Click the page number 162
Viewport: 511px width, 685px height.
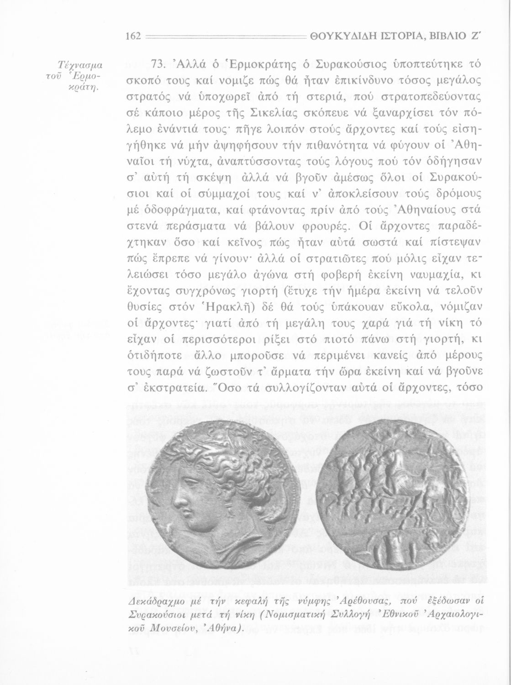(x=134, y=37)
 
